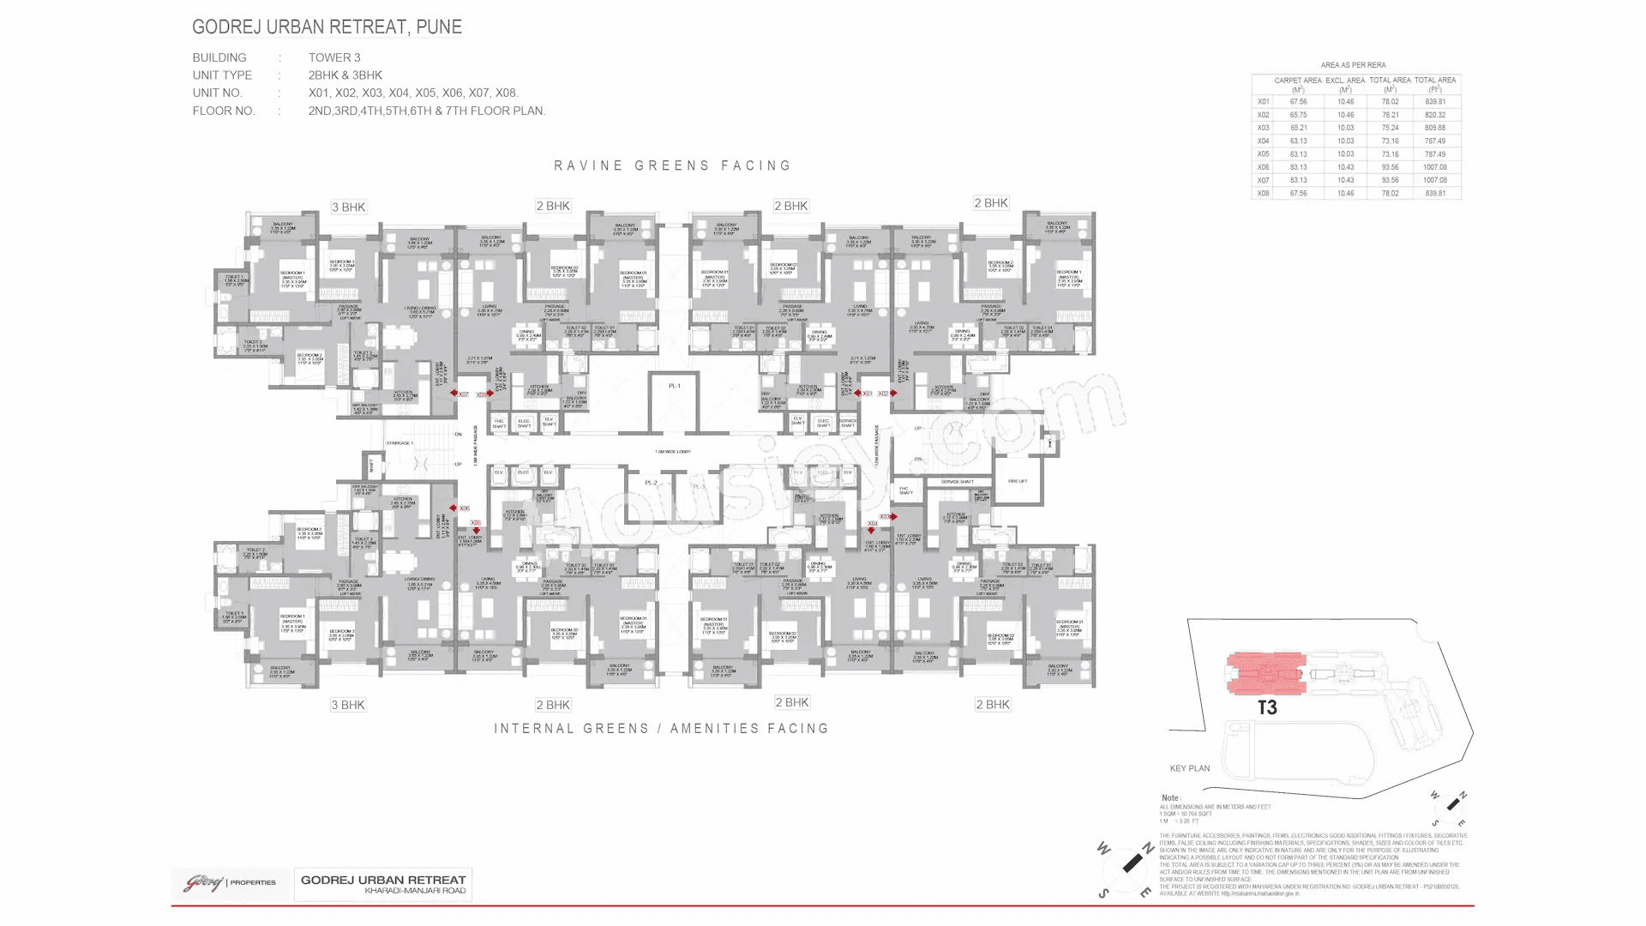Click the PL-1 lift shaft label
pos(675,386)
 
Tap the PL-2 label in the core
pos(651,483)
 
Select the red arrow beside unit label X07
pos(454,394)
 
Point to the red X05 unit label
pos(476,522)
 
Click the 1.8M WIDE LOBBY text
pos(673,452)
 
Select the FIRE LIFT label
pos(1018,482)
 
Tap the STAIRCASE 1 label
pos(399,443)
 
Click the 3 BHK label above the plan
pos(348,207)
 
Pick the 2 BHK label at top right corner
pos(991,203)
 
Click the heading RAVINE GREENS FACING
pos(672,165)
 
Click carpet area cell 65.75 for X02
pos(1298,115)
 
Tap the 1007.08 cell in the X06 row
pos(1434,167)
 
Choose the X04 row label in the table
pos(1263,141)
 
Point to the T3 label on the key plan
pos(1267,707)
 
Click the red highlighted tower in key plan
pos(1266,673)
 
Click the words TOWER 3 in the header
pos(334,57)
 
